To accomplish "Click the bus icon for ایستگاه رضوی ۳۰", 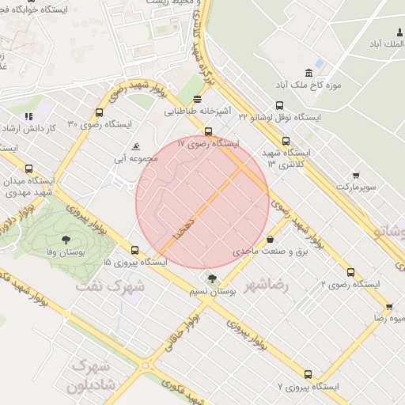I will pyautogui.click(x=99, y=112).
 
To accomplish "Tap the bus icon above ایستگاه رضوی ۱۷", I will pyautogui.click(x=208, y=132).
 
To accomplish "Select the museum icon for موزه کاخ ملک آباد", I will pyautogui.click(x=320, y=62).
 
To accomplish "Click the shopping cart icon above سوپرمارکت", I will pyautogui.click(x=356, y=176).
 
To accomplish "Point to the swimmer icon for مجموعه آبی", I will pyautogui.click(x=137, y=147).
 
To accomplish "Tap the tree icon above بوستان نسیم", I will pyautogui.click(x=211, y=278).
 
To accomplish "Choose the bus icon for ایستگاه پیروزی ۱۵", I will pyautogui.click(x=134, y=250).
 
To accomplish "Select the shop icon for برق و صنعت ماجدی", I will pyautogui.click(x=271, y=239).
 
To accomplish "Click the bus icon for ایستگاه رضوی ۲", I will pyautogui.click(x=350, y=272).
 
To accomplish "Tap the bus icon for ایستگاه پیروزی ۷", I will pyautogui.click(x=308, y=374).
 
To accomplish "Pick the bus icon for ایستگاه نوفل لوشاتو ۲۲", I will pyautogui.click(x=278, y=105).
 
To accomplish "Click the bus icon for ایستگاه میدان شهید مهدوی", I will pyautogui.click(x=29, y=168).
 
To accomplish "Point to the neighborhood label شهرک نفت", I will pyautogui.click(x=110, y=285).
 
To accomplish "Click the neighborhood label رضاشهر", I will pyautogui.click(x=268, y=284).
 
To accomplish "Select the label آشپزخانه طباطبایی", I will pyautogui.click(x=197, y=112).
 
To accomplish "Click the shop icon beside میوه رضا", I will pyautogui.click(x=388, y=306).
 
